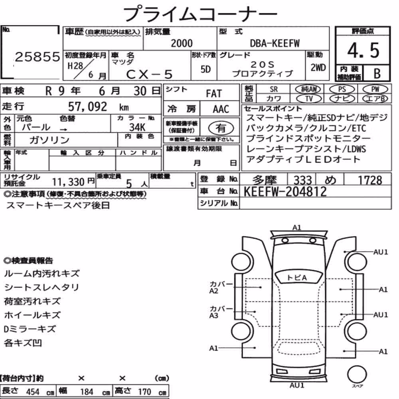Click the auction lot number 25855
[38, 57]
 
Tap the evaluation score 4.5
[363, 50]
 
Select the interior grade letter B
[377, 73]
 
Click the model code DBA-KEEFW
[275, 43]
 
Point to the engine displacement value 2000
[182, 43]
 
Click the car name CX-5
[149, 74]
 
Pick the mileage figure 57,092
[87, 107]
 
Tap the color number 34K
[137, 127]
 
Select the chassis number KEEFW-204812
[285, 192]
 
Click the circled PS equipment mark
[342, 89]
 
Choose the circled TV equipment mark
[309, 99]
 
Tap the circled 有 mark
[221, 128]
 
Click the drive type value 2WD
[318, 68]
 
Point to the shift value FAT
[214, 94]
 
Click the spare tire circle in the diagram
[357, 374]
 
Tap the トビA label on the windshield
[297, 278]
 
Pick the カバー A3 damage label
[217, 312]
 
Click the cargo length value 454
[33, 392]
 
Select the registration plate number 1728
[370, 180]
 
